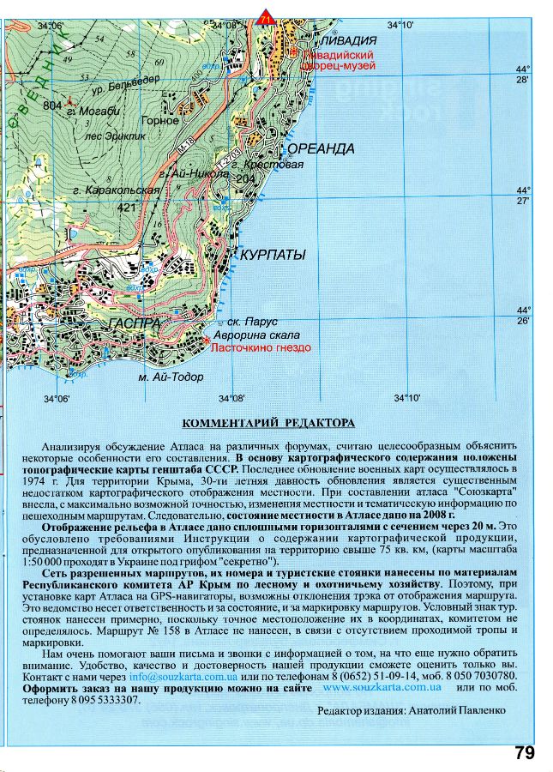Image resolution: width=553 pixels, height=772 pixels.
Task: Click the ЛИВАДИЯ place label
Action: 350,40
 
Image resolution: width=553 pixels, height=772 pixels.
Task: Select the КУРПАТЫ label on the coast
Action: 273,256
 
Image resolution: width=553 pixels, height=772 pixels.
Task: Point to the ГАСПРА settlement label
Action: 135,323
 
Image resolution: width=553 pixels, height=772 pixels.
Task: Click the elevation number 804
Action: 53,105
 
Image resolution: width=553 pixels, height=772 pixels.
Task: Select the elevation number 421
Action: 127,208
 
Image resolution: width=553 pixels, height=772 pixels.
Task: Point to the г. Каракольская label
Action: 117,190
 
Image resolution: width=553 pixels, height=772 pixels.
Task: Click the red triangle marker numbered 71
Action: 265,16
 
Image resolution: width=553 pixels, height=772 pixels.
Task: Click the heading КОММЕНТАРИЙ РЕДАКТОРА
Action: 268,423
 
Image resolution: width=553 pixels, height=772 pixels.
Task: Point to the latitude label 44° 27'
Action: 524,195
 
